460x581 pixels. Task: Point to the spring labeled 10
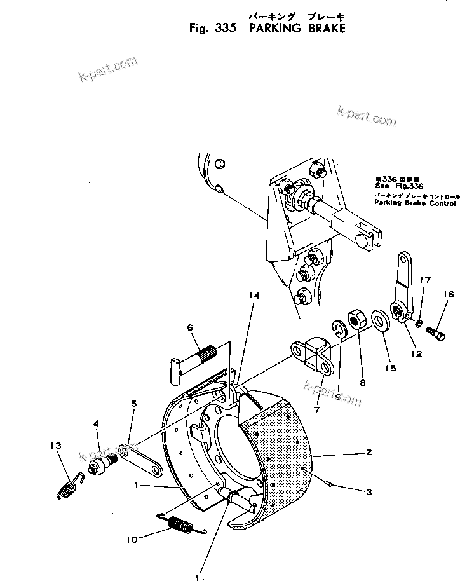(x=180, y=526)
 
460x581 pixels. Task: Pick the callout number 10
(x=132, y=540)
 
